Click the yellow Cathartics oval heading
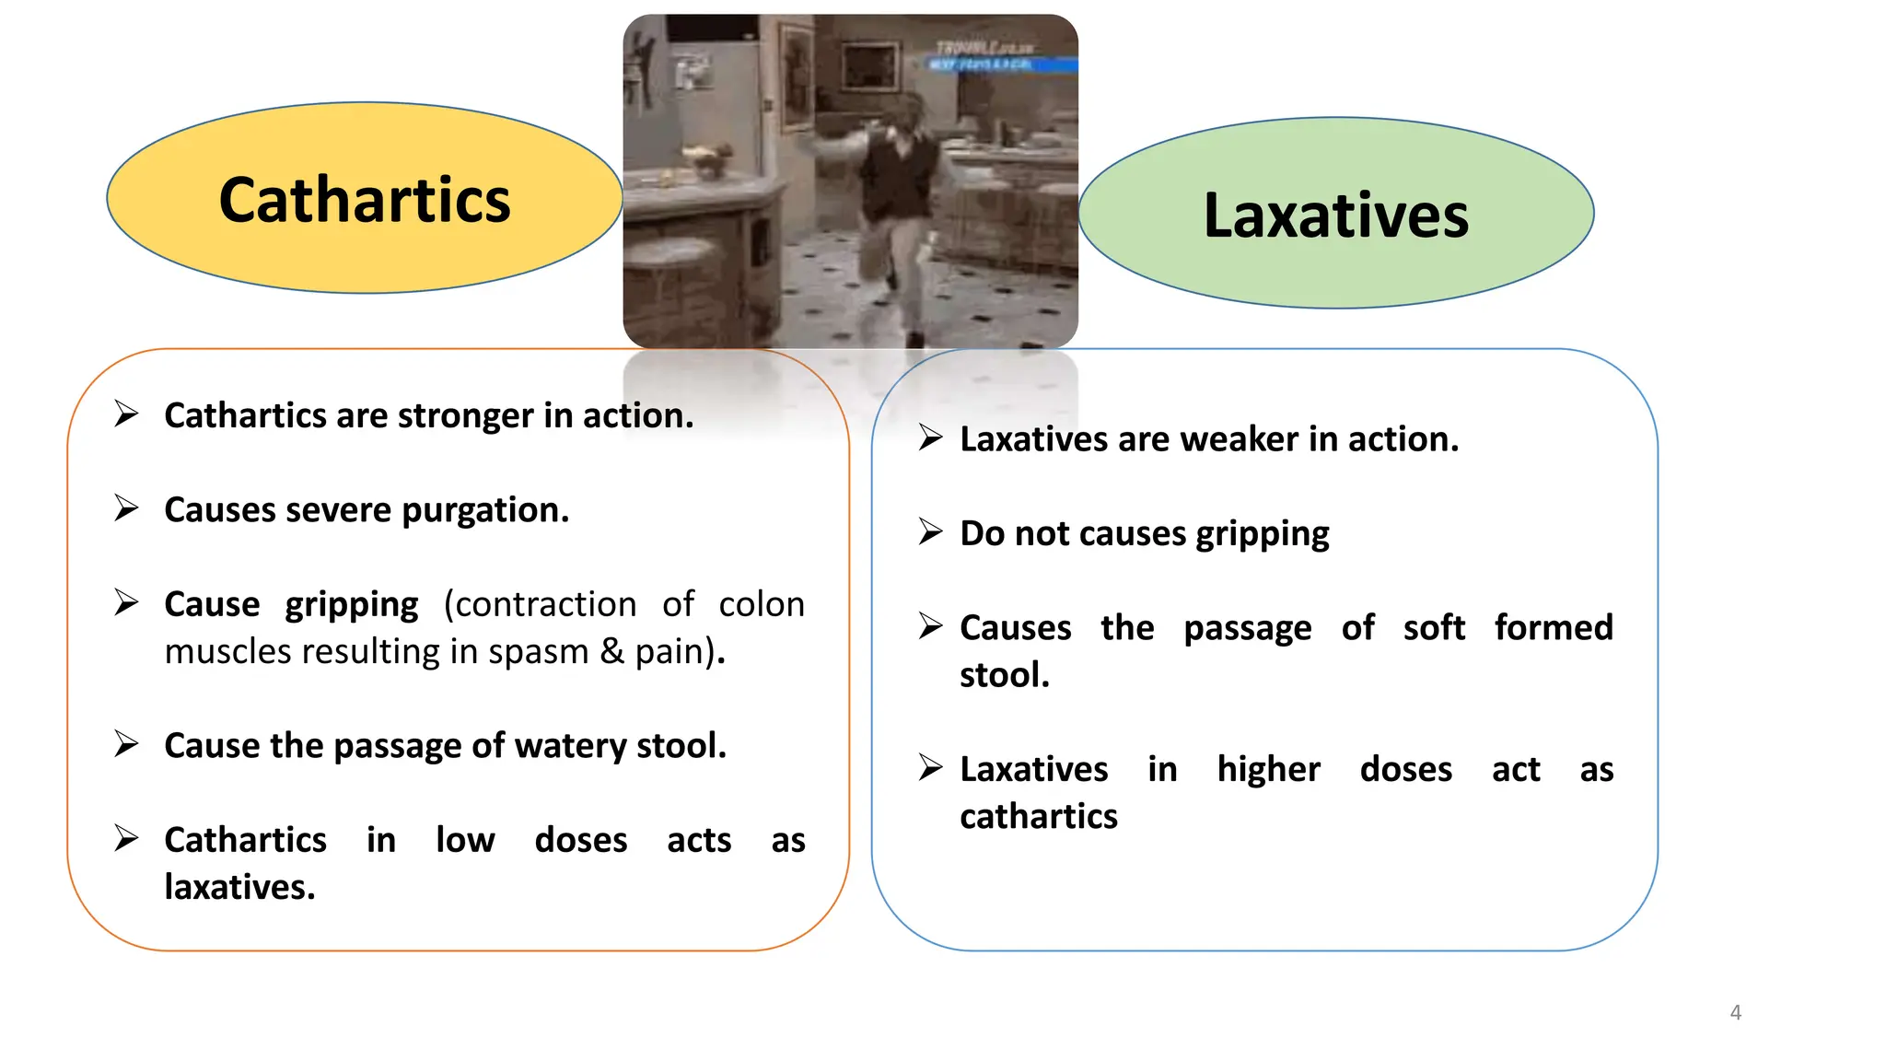[x=365, y=199]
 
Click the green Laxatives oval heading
[x=1335, y=215]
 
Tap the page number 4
[x=1735, y=1012]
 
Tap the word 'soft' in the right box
[x=1434, y=628]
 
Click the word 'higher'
[x=1268, y=770]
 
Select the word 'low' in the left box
[x=465, y=841]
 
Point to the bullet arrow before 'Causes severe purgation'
[x=126, y=507]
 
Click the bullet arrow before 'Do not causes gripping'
[x=930, y=531]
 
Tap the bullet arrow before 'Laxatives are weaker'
[x=930, y=437]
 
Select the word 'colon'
[x=761, y=605]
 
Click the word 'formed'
[x=1553, y=628]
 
